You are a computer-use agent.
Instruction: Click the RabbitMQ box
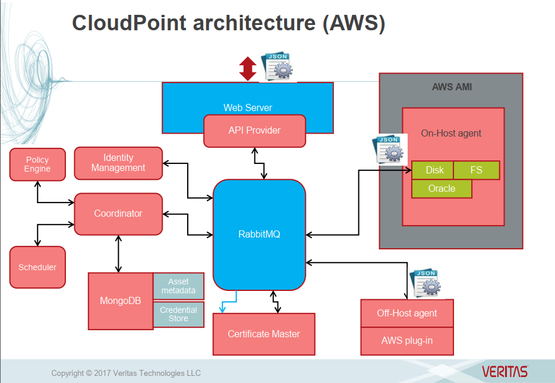tap(259, 234)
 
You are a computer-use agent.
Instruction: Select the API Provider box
tap(254, 131)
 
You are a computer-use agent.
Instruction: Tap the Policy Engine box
tap(37, 164)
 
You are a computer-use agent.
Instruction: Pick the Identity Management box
tap(118, 163)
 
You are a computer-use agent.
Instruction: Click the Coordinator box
tap(118, 214)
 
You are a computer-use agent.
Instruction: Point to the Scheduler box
tap(37, 267)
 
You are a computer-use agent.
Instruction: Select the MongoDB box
tap(121, 300)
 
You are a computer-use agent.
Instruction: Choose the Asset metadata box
tap(178, 286)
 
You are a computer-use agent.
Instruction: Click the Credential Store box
tap(178, 314)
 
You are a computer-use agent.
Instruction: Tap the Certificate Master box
tap(264, 334)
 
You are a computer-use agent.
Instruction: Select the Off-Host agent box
tap(407, 313)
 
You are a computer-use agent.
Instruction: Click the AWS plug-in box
tap(407, 341)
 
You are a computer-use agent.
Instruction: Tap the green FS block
tap(477, 170)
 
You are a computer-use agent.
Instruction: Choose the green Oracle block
tap(442, 189)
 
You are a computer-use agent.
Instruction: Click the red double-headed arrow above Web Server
tap(247, 68)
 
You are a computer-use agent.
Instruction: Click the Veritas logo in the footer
tap(504, 372)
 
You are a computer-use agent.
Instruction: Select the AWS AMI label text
tap(452, 87)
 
